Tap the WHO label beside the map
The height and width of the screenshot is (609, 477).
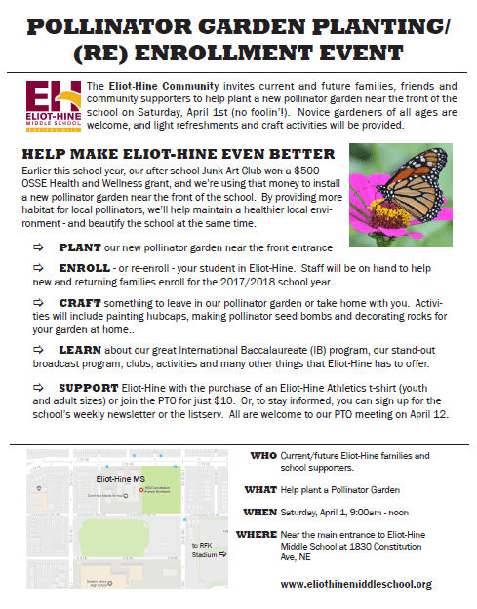(x=264, y=455)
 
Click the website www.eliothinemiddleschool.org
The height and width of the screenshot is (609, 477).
(x=355, y=583)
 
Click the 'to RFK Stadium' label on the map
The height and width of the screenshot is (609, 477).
(x=205, y=552)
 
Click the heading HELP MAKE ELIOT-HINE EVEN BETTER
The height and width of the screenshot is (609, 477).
(x=170, y=154)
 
